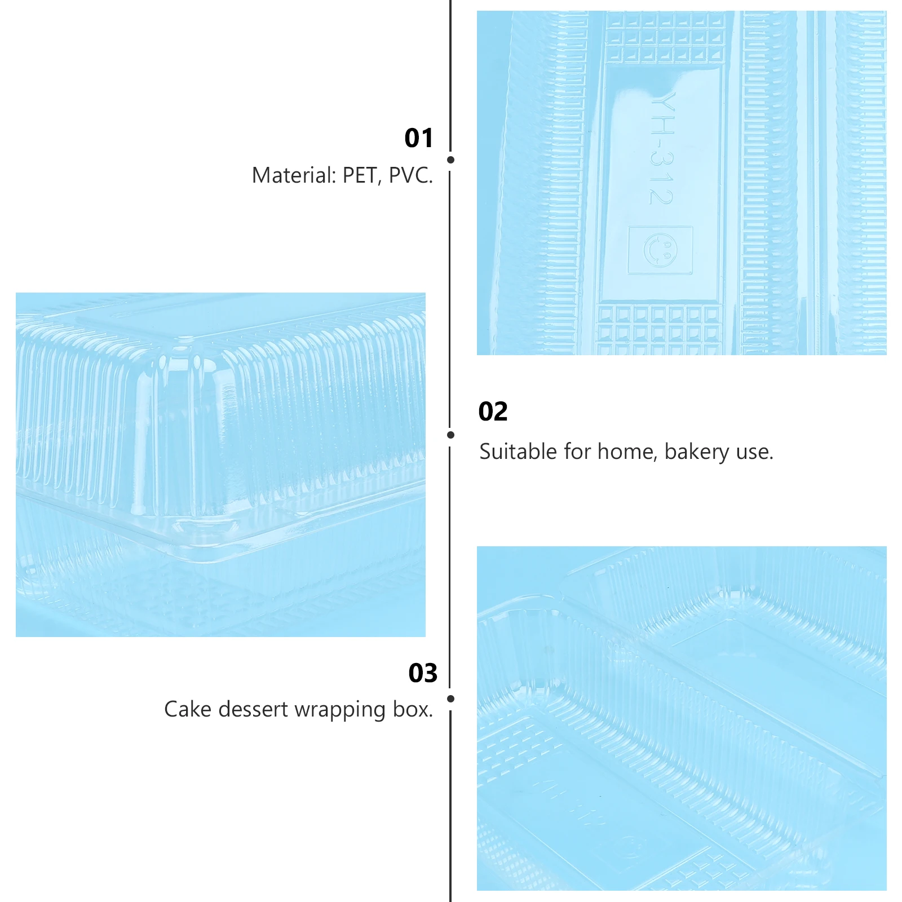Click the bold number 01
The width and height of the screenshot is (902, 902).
point(418,138)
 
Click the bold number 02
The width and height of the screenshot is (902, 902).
point(493,412)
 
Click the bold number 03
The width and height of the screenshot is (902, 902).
point(423,673)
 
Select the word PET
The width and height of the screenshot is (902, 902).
point(359,175)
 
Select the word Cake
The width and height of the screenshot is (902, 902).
point(187,709)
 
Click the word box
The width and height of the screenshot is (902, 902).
point(413,709)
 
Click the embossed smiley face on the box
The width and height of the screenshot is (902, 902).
point(660,250)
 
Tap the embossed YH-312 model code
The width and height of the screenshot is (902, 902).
point(661,148)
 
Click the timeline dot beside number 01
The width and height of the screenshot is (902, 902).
point(450,160)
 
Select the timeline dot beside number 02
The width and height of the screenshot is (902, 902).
point(450,435)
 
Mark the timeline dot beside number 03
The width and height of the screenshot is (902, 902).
point(450,699)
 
